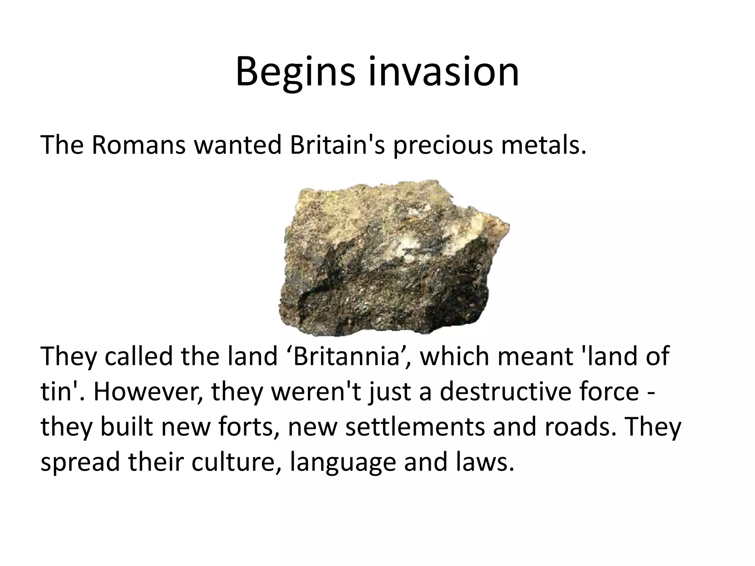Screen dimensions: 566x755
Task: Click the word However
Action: pyautogui.click(x=147, y=392)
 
